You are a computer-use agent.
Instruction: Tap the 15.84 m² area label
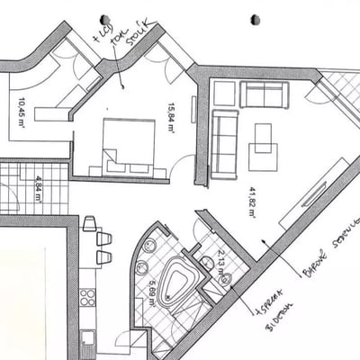coord(169,118)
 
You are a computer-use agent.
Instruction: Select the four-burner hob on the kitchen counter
coord(87,297)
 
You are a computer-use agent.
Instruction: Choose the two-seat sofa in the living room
coord(264,94)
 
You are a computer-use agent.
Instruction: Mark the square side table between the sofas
coord(224,93)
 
